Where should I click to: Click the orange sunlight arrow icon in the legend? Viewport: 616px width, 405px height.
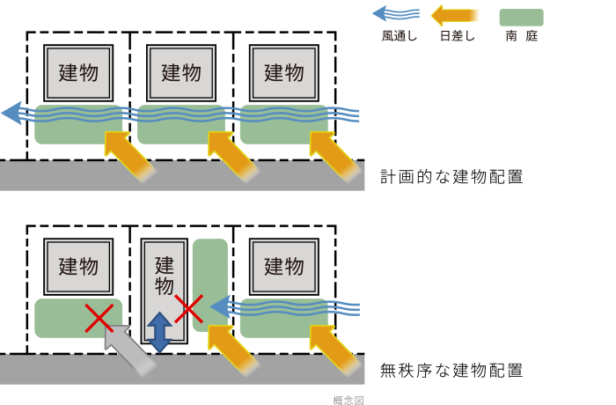pyautogui.click(x=454, y=15)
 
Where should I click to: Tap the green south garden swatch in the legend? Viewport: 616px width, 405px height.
pyautogui.click(x=521, y=17)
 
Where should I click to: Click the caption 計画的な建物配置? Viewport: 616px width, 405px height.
pyautogui.click(x=451, y=176)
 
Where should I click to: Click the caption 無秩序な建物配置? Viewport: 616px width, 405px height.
pyautogui.click(x=451, y=370)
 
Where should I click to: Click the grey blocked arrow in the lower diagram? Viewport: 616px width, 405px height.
pyautogui.click(x=128, y=347)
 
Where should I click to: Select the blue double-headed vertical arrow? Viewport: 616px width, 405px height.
pyautogui.click(x=159, y=332)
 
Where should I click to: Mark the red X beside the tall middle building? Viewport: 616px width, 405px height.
pyautogui.click(x=188, y=308)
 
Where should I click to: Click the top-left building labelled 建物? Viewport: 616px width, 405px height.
pyautogui.click(x=78, y=72)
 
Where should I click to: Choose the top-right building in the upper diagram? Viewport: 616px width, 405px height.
pyautogui.click(x=284, y=72)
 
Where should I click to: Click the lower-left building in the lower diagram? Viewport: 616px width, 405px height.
pyautogui.click(x=78, y=266)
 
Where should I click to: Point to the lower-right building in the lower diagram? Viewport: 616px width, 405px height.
pyautogui.click(x=284, y=266)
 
